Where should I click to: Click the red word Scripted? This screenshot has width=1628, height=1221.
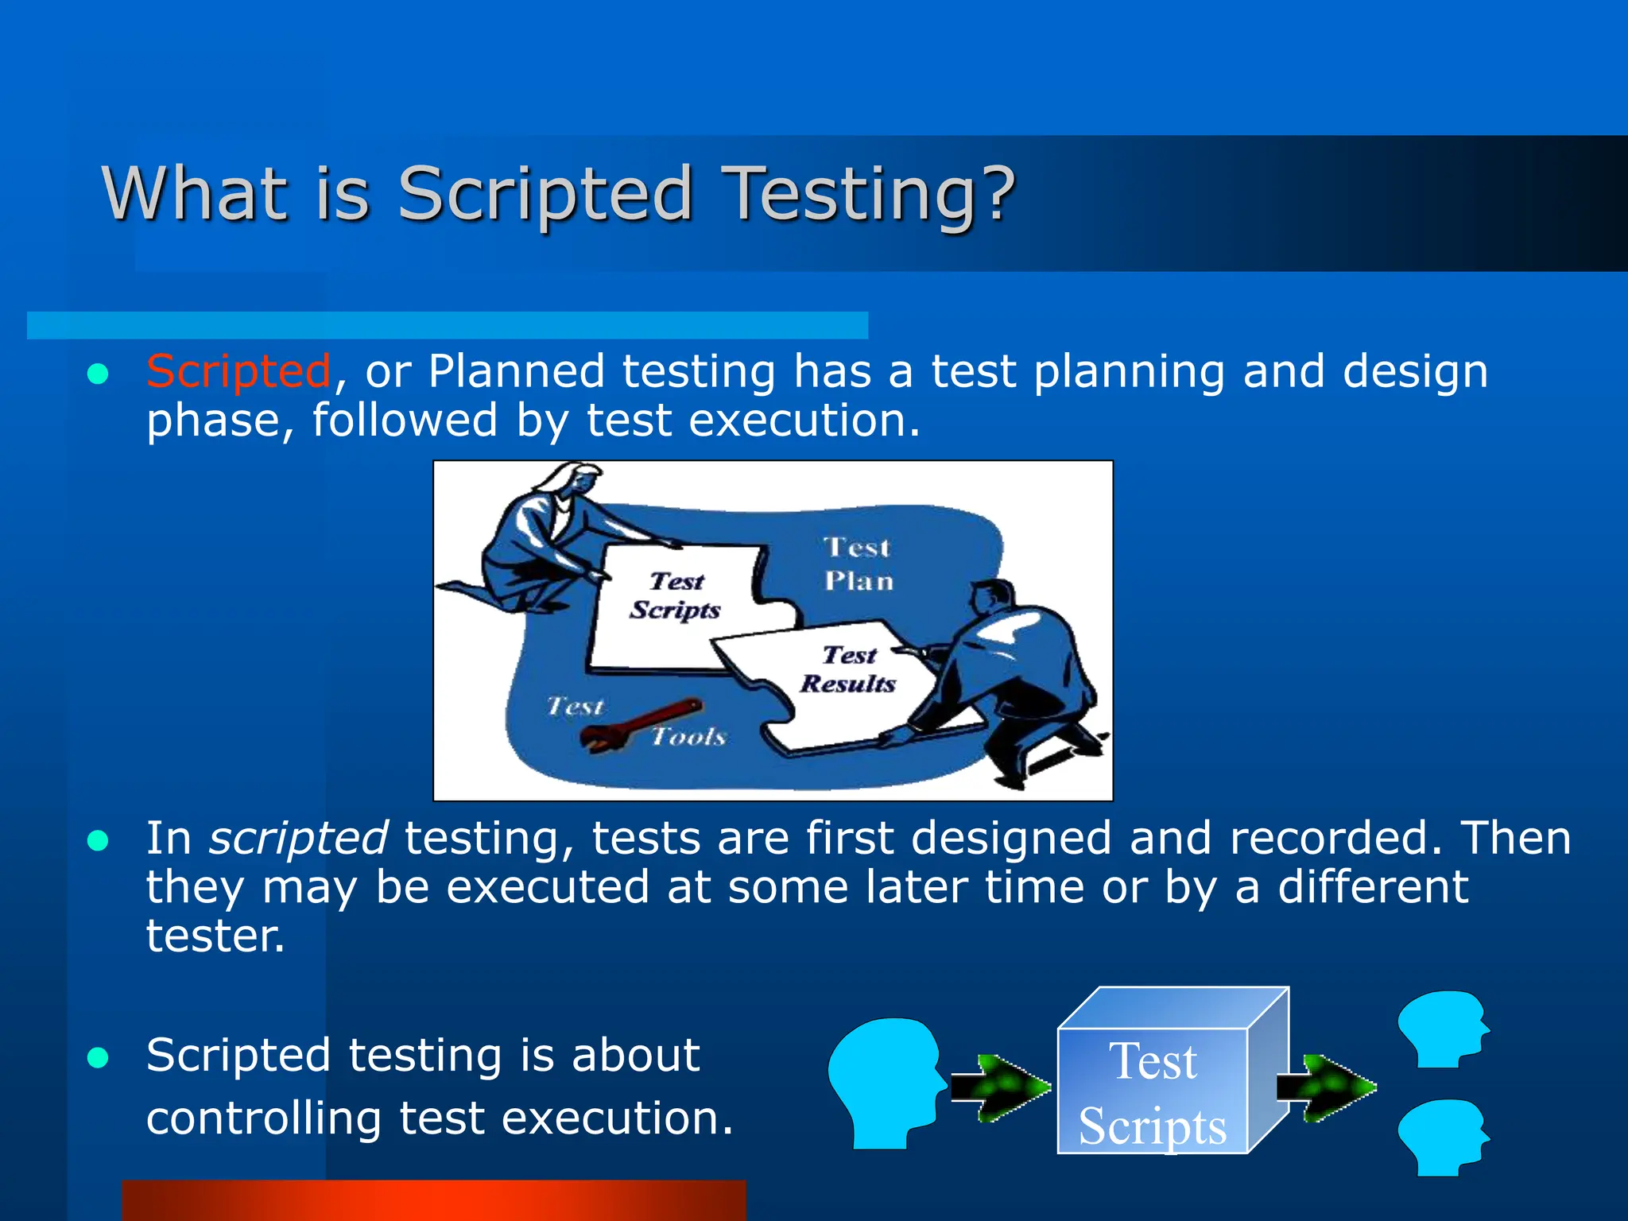pos(238,371)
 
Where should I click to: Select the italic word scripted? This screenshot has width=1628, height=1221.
pos(298,839)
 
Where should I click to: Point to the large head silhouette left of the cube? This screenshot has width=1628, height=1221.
pos(884,1081)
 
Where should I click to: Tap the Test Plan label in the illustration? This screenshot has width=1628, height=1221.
pos(859,564)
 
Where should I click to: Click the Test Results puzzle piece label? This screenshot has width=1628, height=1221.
pos(848,669)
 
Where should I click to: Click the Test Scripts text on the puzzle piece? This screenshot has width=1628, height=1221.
pos(676,595)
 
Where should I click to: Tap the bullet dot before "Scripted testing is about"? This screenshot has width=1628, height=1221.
pos(98,1058)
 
